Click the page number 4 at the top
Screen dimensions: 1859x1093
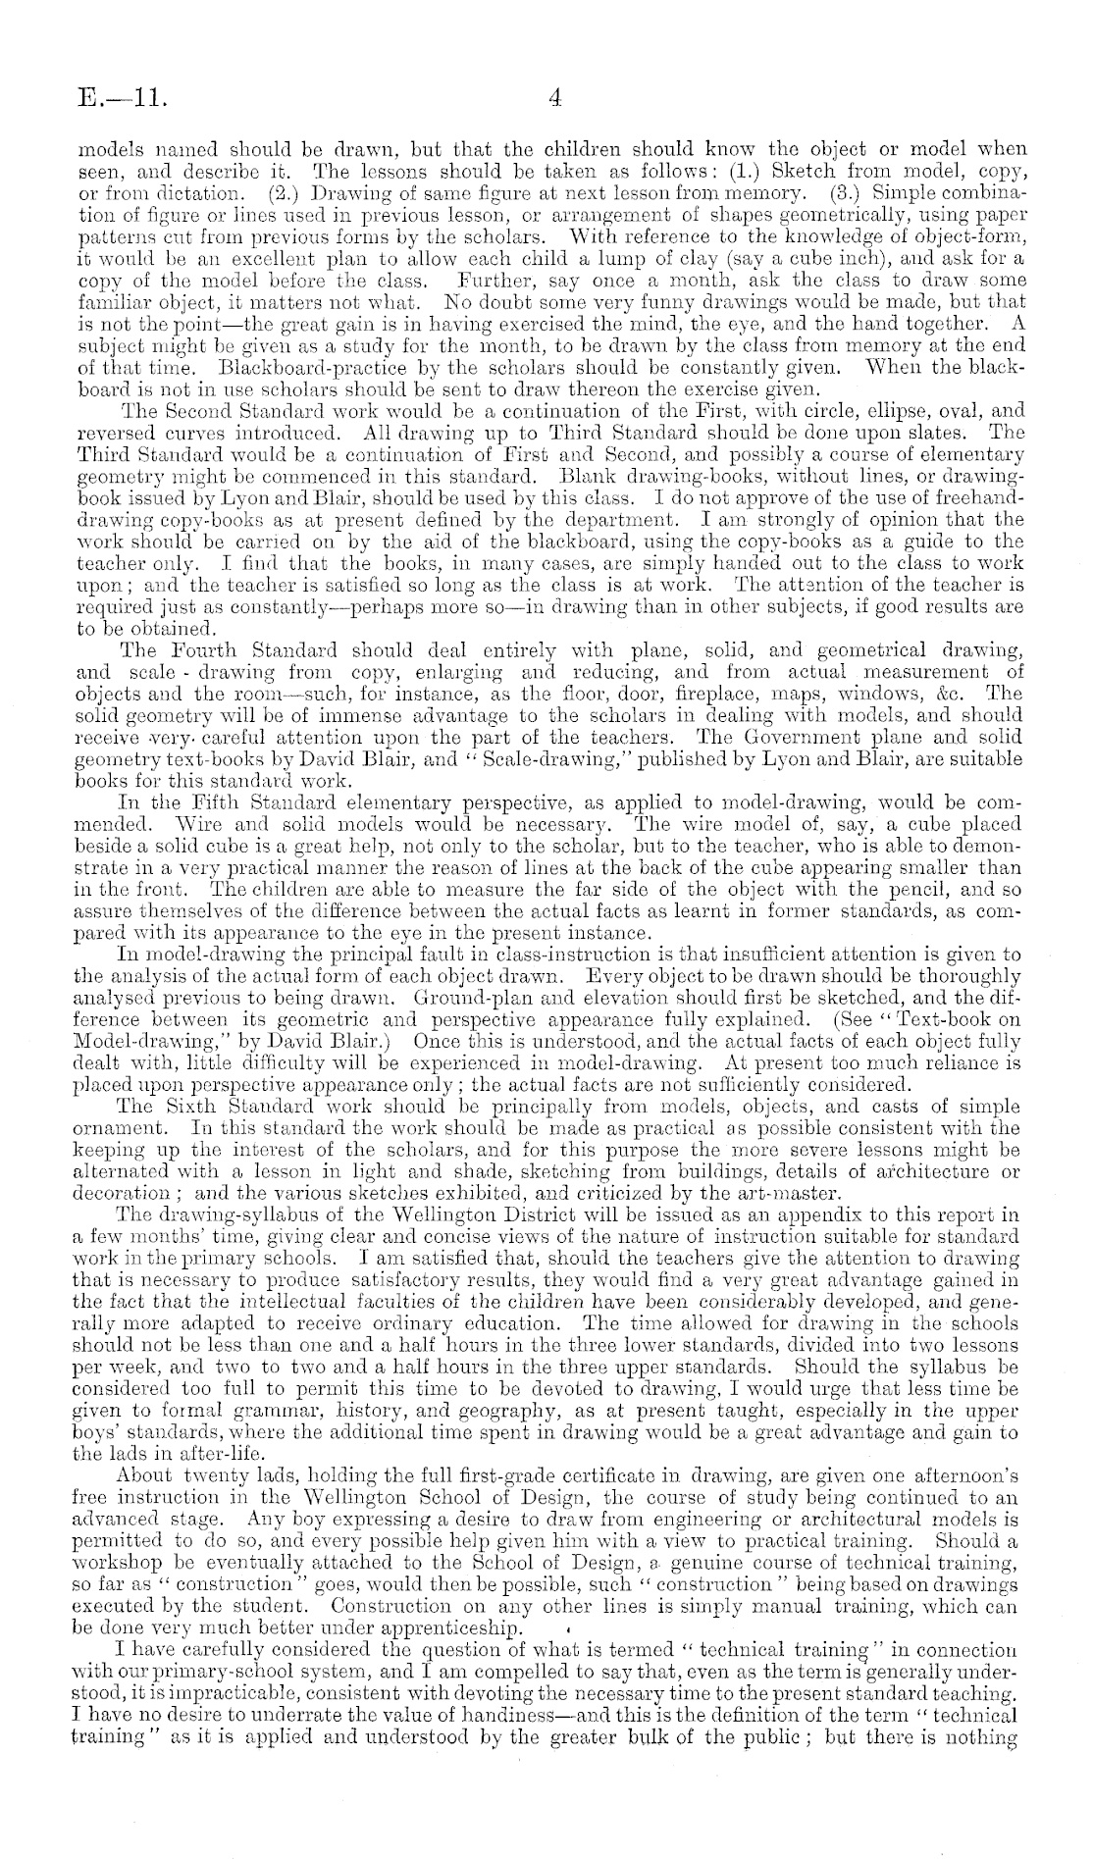coord(554,98)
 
